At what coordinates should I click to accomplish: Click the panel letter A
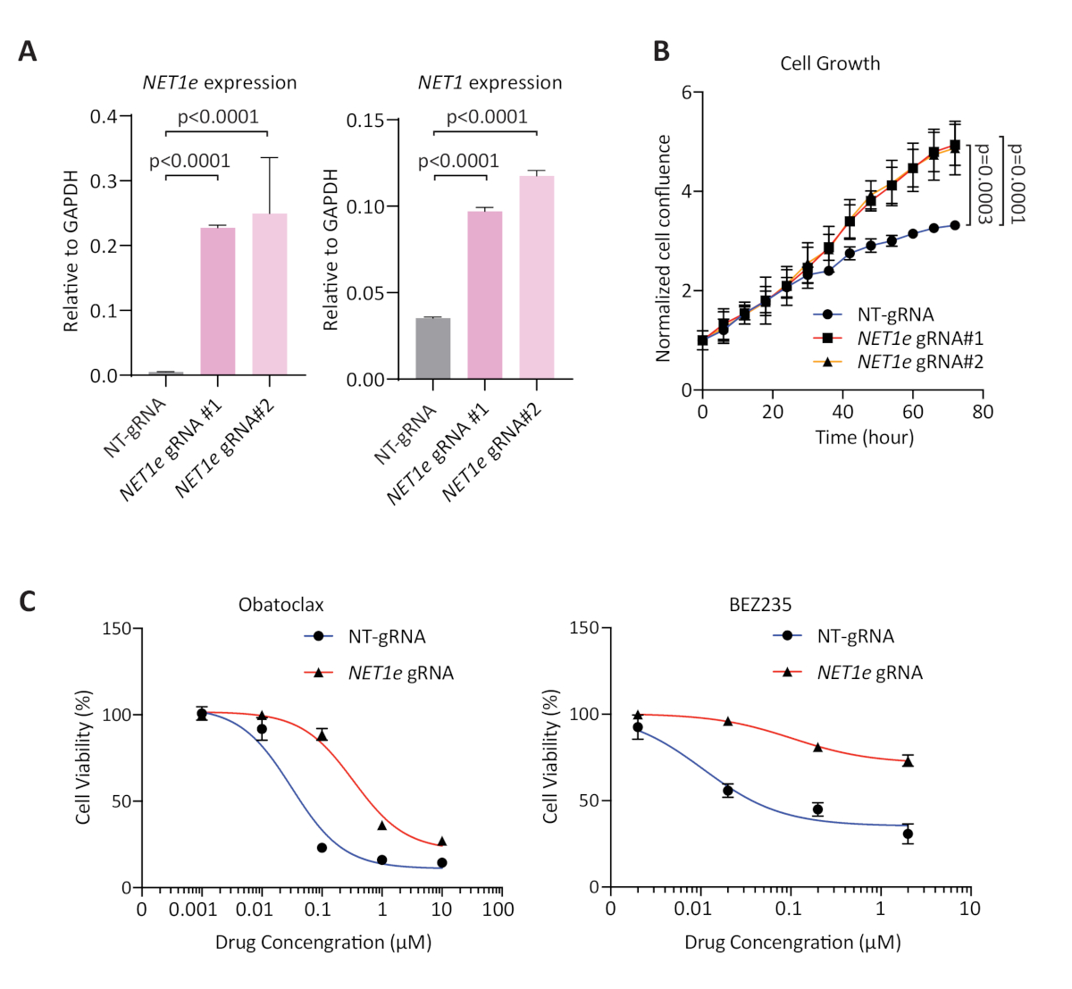tap(28, 52)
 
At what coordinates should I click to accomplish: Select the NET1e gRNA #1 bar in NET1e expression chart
tap(218, 301)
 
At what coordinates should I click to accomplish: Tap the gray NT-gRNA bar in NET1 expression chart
tap(432, 348)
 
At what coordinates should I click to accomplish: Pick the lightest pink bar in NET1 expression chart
tap(537, 277)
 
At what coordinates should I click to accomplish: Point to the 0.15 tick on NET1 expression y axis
tap(366, 121)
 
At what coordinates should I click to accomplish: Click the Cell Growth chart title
tap(830, 63)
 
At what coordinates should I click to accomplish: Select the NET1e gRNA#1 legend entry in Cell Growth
tap(918, 339)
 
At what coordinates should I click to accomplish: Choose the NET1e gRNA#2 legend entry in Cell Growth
tap(918, 362)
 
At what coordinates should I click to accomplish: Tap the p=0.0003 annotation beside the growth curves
tap(984, 183)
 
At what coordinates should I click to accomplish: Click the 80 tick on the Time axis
tap(983, 412)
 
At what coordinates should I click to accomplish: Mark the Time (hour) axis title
tap(864, 438)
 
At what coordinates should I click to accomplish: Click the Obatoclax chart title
tap(281, 605)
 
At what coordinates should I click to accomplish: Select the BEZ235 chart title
tap(760, 605)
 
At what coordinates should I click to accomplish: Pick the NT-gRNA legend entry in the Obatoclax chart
tap(386, 637)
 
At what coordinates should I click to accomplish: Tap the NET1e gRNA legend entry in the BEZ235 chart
tap(868, 673)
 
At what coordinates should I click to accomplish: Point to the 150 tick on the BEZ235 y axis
tap(585, 628)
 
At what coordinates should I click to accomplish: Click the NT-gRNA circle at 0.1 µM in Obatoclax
tap(322, 847)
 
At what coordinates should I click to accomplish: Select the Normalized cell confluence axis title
tap(663, 248)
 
